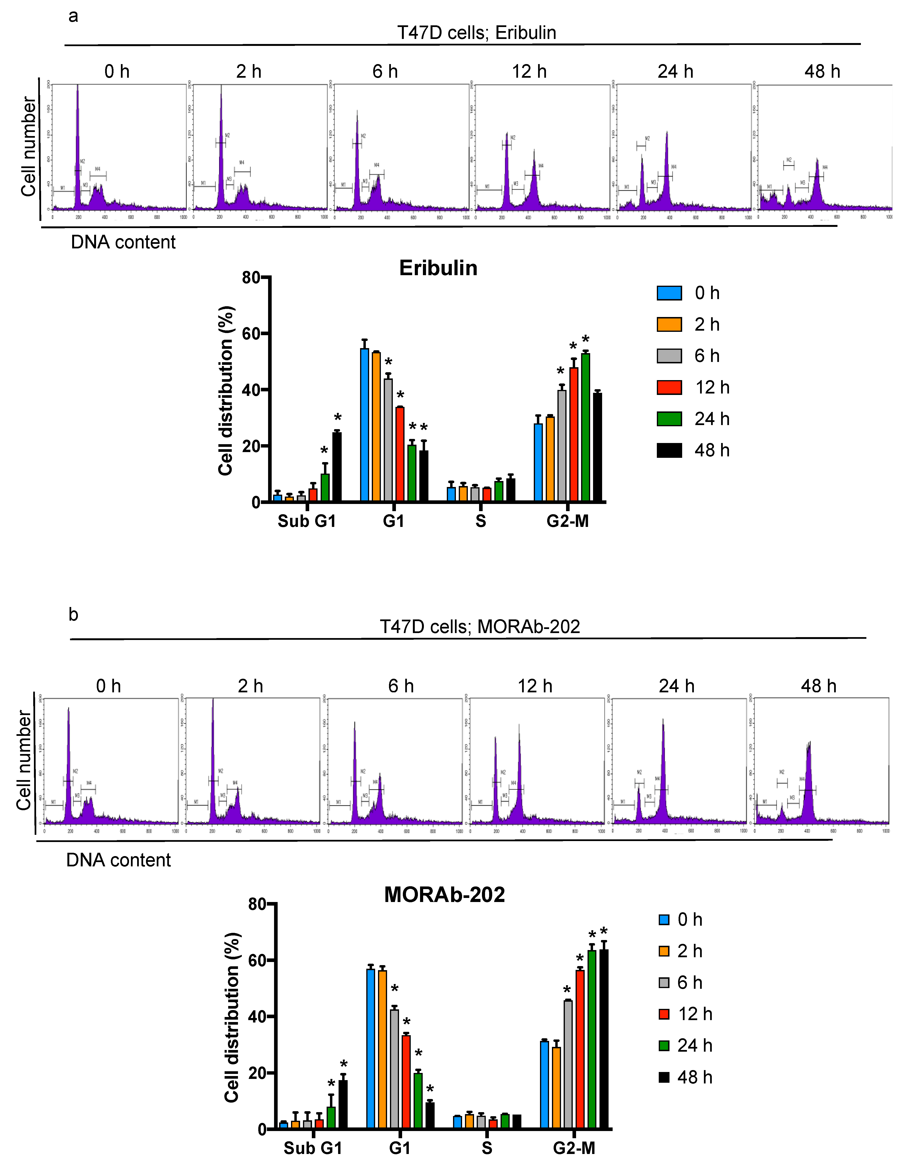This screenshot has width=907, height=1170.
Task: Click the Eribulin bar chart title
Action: [x=438, y=268]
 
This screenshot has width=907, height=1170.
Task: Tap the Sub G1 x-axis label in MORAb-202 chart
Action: [x=313, y=1148]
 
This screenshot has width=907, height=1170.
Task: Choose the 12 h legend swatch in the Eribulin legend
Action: [x=669, y=387]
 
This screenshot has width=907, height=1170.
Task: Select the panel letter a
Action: [x=73, y=16]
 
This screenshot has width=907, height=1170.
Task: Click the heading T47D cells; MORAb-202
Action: [x=480, y=626]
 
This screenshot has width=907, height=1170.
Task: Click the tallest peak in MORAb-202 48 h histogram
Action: [x=809, y=777]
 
